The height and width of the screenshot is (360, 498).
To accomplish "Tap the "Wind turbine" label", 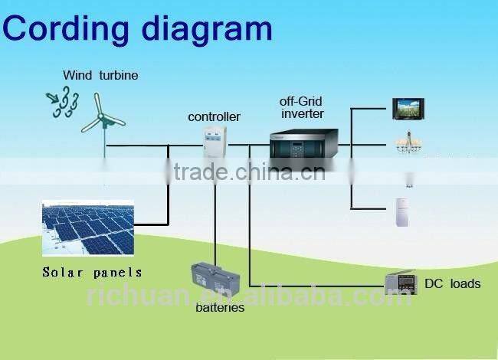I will [100, 75].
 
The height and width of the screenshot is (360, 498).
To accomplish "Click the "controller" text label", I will [214, 117].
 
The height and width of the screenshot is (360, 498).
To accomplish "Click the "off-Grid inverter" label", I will [302, 107].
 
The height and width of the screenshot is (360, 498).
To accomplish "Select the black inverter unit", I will [303, 144].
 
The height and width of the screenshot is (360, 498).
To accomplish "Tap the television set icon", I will [408, 108].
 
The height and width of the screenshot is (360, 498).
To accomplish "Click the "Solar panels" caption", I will [92, 273].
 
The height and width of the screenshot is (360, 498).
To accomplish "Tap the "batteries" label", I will [219, 308].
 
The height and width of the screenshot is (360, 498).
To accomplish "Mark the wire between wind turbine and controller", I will [153, 144].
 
